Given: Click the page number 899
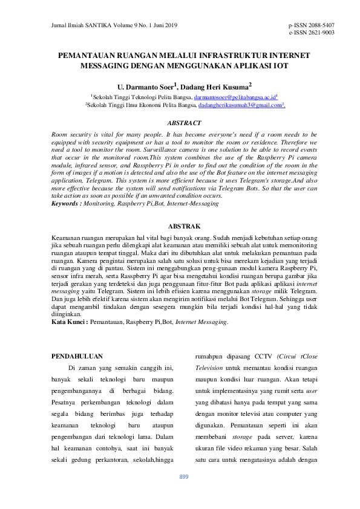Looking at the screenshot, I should tap(184, 477).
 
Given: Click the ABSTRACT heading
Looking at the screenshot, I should tap(184, 123).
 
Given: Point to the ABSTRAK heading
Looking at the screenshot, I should tap(184, 225).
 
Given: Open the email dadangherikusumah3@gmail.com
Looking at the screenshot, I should tap(241, 105).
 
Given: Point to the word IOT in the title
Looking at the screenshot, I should tap(281, 65).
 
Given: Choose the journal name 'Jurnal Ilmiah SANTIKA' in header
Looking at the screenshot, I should tap(76, 25).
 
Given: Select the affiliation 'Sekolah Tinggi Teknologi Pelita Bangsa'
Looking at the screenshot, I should tap(142, 97).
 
